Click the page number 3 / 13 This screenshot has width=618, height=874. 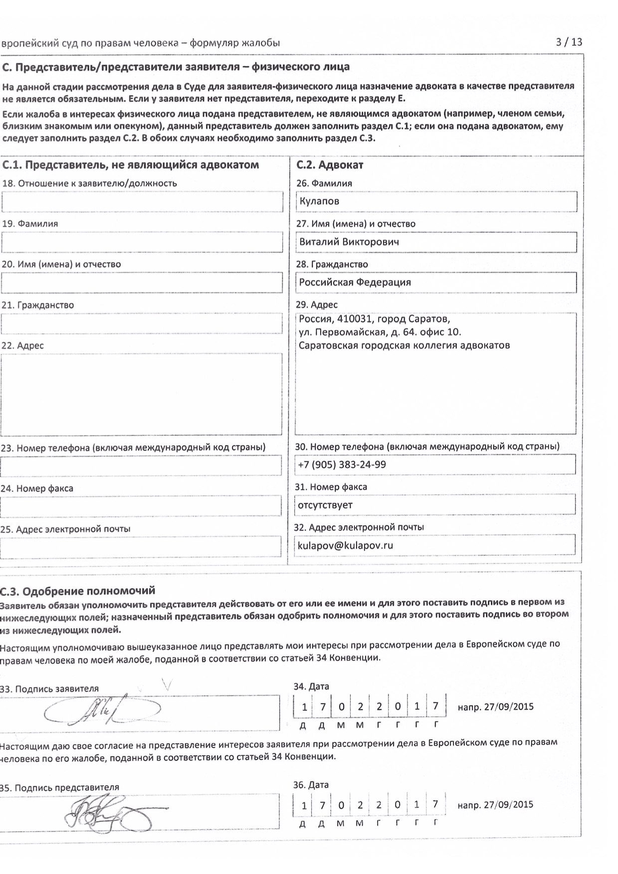coord(569,42)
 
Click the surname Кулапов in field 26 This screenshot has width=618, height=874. coord(319,201)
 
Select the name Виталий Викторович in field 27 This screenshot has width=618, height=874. coord(349,242)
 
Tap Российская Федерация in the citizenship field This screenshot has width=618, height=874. coord(355,283)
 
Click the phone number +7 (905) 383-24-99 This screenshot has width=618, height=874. coord(342,465)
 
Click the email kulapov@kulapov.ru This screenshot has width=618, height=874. coord(345,546)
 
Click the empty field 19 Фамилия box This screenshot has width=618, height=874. coord(142,243)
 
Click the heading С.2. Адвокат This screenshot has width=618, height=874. coord(330,165)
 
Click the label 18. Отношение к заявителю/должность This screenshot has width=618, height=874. coord(90,183)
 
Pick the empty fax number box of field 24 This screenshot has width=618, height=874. coord(141,506)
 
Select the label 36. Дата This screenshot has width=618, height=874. coord(311,785)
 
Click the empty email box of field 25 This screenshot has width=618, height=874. coord(141,547)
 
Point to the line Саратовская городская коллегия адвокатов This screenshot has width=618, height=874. coord(404,345)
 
